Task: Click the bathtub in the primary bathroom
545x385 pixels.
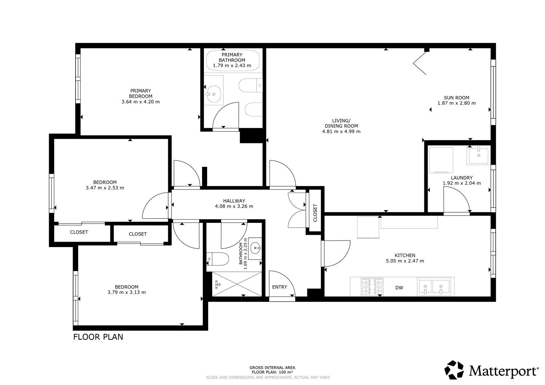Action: point(233,60)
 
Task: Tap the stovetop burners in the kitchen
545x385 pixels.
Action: point(372,287)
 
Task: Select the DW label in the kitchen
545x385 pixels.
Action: point(399,288)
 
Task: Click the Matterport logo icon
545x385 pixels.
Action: point(454,370)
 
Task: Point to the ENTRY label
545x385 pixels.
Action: point(279,287)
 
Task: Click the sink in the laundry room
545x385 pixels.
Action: point(479,156)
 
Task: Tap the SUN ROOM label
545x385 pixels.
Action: point(456,98)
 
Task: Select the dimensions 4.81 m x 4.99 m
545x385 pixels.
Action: point(342,131)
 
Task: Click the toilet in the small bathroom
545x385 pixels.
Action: point(218,259)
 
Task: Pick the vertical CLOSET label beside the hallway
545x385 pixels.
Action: point(315,213)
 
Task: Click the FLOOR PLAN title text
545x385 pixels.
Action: point(98,337)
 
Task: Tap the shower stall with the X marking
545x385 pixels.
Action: point(237,284)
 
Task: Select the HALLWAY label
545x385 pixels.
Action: point(234,201)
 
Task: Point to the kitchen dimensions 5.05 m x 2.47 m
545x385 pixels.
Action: point(405,261)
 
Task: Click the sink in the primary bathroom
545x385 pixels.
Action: point(213,94)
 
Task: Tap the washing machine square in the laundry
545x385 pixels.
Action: point(441,160)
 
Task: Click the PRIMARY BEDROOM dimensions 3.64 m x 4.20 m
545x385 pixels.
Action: point(141,102)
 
